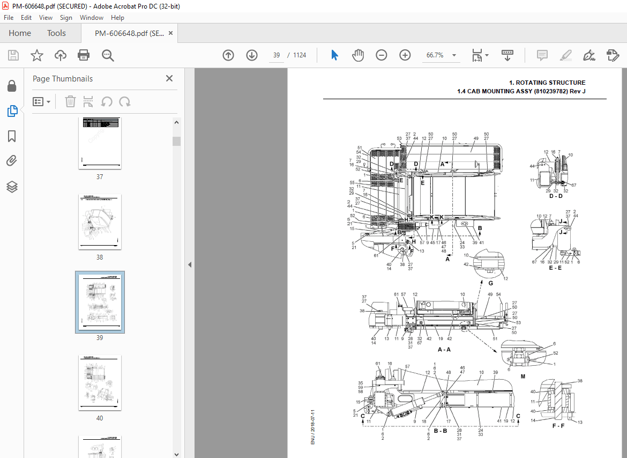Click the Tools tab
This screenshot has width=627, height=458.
click(56, 33)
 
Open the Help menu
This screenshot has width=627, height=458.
click(117, 18)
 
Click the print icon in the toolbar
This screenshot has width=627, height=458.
click(84, 55)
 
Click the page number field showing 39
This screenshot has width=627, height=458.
click(277, 55)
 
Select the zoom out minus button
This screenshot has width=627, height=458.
click(381, 55)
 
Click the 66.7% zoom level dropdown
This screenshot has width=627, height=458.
click(441, 55)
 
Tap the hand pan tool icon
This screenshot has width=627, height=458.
click(357, 55)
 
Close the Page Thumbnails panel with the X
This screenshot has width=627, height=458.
click(169, 78)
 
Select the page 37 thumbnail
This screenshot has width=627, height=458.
click(100, 143)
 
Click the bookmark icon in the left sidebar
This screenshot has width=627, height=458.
click(12, 136)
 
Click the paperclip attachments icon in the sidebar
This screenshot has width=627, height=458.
click(12, 161)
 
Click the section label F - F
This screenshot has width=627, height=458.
click(558, 426)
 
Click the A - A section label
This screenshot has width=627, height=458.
click(444, 349)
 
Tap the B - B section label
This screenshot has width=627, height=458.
click(440, 431)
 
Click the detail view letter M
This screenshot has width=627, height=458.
click(522, 376)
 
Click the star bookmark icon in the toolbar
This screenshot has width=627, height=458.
click(36, 55)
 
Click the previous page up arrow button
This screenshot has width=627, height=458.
click(228, 55)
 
